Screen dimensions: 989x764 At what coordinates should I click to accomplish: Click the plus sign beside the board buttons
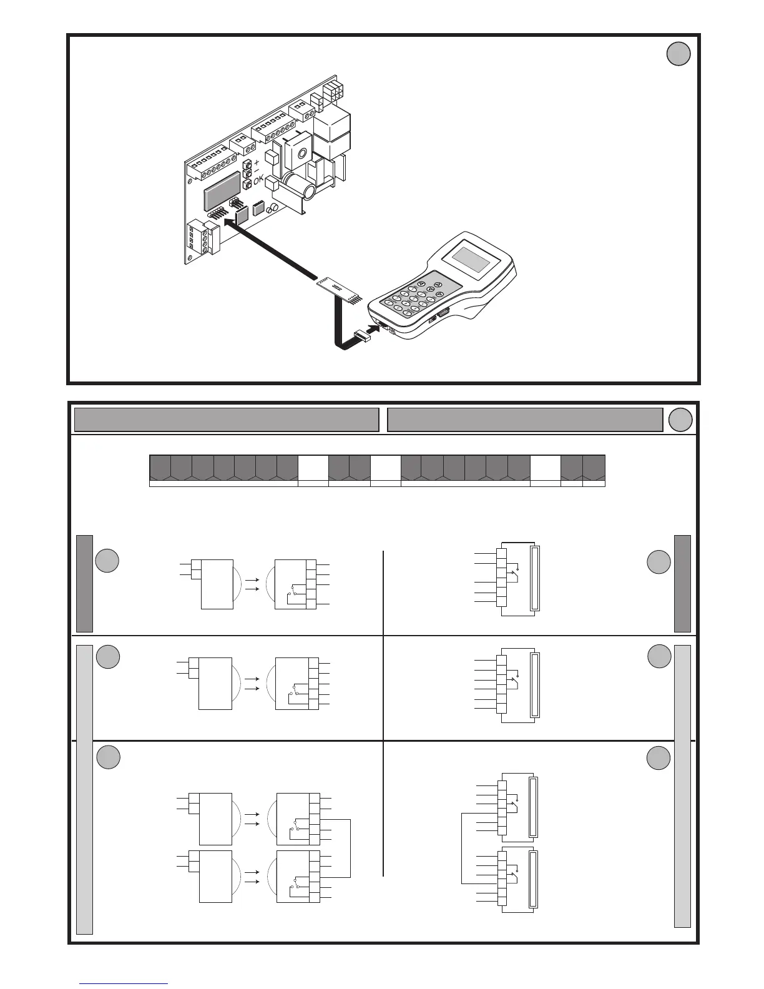257,162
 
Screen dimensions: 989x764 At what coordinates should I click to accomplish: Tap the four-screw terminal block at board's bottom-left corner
199,239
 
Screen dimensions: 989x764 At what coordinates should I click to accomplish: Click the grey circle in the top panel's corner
678,54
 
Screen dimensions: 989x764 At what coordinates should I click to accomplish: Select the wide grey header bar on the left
227,420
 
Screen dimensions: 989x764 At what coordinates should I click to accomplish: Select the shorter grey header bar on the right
525,420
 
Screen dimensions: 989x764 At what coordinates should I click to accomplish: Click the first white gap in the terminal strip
313,468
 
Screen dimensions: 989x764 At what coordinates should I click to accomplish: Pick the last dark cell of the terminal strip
594,468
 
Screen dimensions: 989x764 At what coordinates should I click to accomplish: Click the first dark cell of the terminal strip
160,468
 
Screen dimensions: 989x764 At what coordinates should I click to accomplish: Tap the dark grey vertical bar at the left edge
85,583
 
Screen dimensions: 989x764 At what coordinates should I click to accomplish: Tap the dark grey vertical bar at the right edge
683,583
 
